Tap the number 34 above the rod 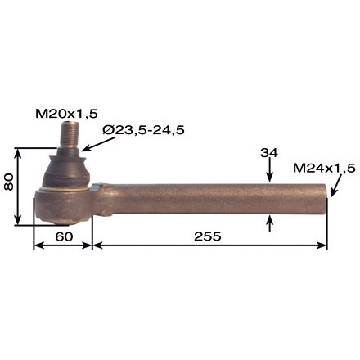click(x=270, y=153)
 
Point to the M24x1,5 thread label click(x=324, y=168)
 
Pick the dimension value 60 click(x=62, y=236)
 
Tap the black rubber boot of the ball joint click(x=65, y=170)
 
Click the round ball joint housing click(x=62, y=205)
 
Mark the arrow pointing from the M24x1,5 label click(x=335, y=186)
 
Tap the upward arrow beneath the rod click(x=270, y=223)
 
